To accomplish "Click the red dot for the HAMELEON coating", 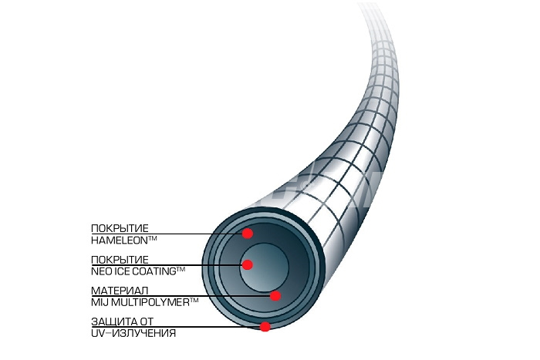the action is click(248, 234).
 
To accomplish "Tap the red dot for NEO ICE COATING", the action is click(248, 264).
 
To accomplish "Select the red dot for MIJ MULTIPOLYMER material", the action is click(275, 296).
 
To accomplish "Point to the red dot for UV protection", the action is click(265, 326).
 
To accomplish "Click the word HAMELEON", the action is click(119, 241).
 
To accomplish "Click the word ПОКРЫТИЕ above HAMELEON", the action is click(120, 228).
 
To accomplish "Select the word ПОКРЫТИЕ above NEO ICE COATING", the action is click(120, 260).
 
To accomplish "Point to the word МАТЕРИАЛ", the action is click(120, 291).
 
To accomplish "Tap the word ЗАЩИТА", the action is click(110, 321).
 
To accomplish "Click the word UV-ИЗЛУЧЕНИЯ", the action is click(133, 334).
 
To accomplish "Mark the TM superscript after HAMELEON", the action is click(152, 238).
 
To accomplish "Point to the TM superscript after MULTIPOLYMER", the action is click(194, 301).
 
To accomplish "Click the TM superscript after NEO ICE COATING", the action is click(181, 270).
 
